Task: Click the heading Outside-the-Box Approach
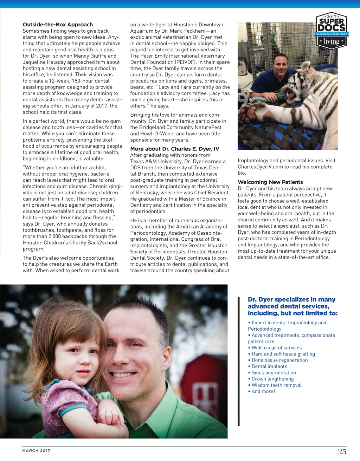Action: (x=58, y=25)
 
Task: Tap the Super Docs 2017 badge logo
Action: (x=331, y=31)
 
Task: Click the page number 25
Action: (x=342, y=452)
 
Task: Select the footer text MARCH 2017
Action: (x=36, y=451)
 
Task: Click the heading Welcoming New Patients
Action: (x=270, y=182)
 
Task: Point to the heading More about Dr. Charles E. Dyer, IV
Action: (x=174, y=149)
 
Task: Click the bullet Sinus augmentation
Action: (x=274, y=372)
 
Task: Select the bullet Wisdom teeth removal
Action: (x=276, y=385)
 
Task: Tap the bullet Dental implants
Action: (x=269, y=366)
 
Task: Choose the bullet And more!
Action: (x=263, y=391)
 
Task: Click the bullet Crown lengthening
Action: (x=272, y=379)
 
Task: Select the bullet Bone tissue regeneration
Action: (x=279, y=360)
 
